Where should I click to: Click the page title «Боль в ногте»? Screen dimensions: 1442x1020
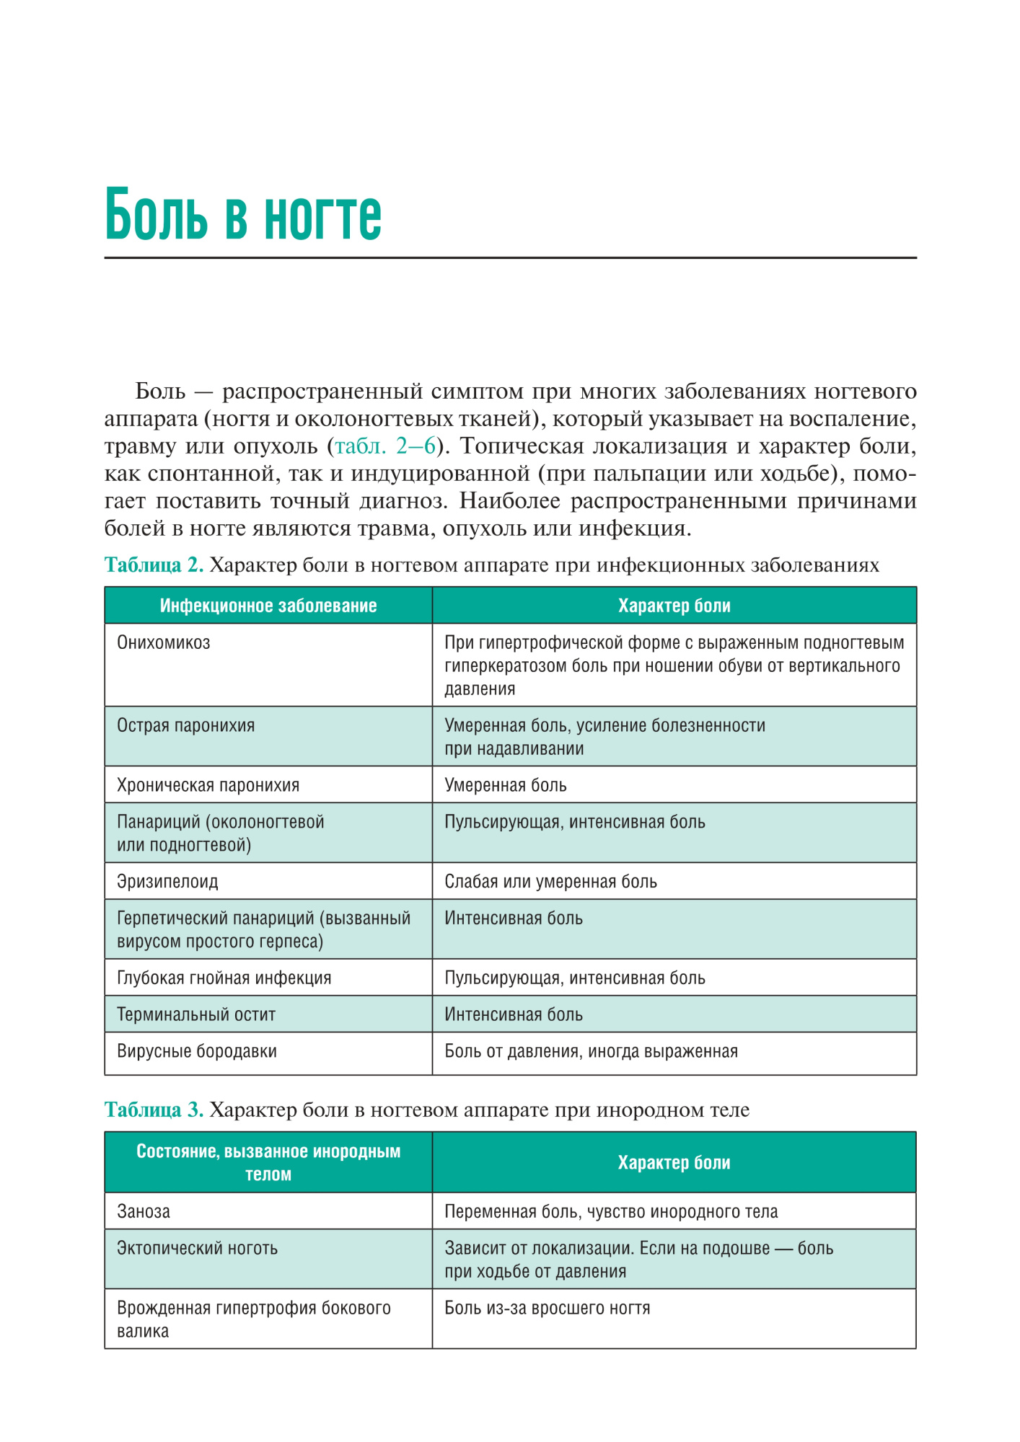[243, 214]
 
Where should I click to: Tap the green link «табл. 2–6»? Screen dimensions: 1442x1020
[385, 446]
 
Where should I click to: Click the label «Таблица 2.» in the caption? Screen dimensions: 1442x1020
[154, 565]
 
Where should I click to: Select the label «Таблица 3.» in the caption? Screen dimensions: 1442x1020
[154, 1110]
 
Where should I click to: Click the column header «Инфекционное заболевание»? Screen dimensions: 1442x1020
[268, 606]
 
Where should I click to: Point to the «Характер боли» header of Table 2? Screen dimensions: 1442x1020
[674, 606]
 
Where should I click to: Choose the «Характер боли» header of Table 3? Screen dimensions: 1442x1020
[674, 1162]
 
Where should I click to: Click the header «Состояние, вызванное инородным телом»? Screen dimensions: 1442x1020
[268, 1162]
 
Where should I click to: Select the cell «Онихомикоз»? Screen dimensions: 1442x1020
[164, 642]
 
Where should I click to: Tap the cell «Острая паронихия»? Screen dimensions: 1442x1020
[186, 725]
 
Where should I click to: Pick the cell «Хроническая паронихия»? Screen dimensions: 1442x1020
[208, 785]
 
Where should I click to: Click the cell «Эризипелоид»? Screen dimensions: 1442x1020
[167, 881]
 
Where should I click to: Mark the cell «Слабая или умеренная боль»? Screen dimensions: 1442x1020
[550, 881]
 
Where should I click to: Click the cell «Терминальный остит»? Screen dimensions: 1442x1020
[196, 1014]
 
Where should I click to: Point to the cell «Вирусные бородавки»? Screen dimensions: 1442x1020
[197, 1051]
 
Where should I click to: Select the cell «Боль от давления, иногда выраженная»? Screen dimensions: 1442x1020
[591, 1051]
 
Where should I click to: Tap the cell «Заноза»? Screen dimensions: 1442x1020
[144, 1211]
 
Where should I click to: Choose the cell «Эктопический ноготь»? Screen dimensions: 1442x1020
[197, 1248]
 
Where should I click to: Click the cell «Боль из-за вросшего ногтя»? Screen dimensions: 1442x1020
[547, 1308]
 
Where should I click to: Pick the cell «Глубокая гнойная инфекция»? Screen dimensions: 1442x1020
[224, 978]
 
